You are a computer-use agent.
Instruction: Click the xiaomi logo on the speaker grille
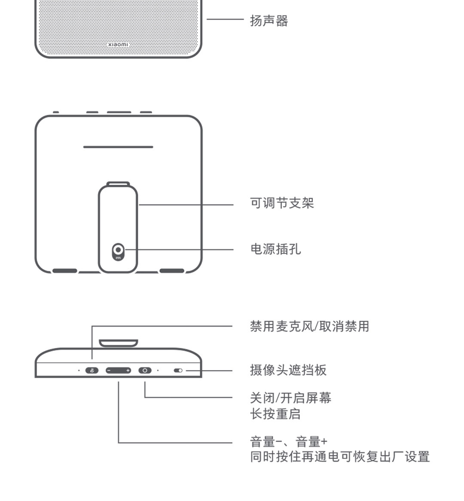tap(118, 45)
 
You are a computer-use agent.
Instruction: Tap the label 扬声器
tap(269, 20)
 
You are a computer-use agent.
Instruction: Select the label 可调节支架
tap(282, 203)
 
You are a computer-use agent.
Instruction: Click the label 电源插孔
tap(275, 249)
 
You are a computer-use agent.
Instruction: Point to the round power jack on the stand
tap(118, 250)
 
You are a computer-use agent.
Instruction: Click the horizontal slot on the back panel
tap(118, 147)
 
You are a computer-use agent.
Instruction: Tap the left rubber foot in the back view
tap(65, 271)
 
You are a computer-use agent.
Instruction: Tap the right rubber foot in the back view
tap(172, 271)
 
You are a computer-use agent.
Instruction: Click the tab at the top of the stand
tap(118, 184)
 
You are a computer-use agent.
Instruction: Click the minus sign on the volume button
tap(110, 370)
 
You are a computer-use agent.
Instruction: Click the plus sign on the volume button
tap(128, 370)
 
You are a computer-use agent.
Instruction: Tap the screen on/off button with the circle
tap(145, 370)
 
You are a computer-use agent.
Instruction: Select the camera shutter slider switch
tap(178, 370)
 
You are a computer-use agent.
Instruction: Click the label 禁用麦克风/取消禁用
tap(309, 326)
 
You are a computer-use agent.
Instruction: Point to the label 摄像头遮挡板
tap(288, 370)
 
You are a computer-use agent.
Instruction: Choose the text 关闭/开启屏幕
tap(290, 398)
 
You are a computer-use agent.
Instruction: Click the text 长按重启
tap(275, 414)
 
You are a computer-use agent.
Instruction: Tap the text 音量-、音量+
tap(288, 441)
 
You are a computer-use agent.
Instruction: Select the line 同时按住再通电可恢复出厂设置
tap(340, 456)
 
